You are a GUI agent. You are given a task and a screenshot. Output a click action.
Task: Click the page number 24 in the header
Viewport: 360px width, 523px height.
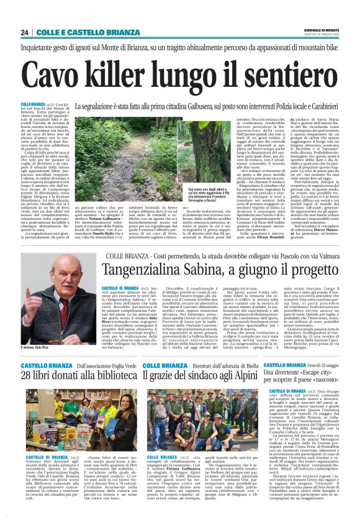(x=25, y=32)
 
